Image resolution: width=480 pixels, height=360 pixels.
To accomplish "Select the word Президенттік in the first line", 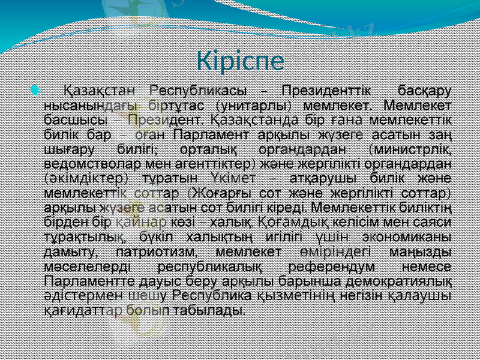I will [325, 91].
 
